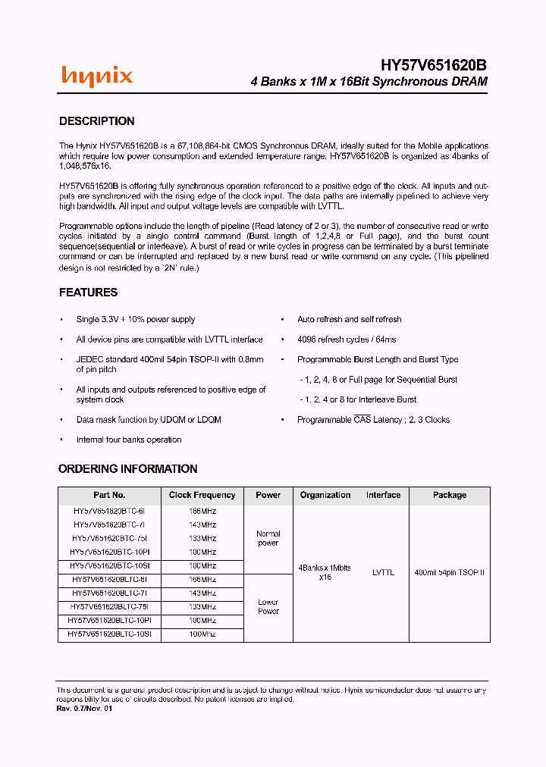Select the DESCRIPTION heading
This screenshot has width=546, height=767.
(x=97, y=121)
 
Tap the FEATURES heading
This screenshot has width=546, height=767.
(x=89, y=293)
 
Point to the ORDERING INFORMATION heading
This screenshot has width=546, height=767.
(x=128, y=469)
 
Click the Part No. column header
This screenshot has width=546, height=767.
(x=110, y=495)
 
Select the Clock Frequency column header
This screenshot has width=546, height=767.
(x=202, y=495)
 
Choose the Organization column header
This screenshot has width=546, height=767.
(x=325, y=495)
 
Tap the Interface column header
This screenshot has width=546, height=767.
(x=384, y=495)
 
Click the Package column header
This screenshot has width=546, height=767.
(x=450, y=495)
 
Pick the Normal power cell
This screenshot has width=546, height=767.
(x=268, y=538)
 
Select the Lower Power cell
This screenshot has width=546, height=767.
(x=268, y=606)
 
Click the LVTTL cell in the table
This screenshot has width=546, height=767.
(x=384, y=573)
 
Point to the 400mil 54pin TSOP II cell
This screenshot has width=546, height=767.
(x=450, y=573)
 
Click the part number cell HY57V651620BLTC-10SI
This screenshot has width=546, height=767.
(x=110, y=634)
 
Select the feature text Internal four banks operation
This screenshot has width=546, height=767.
(x=129, y=440)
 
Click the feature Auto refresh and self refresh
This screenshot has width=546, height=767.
(x=350, y=320)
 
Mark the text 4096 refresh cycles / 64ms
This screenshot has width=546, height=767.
(x=347, y=340)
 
